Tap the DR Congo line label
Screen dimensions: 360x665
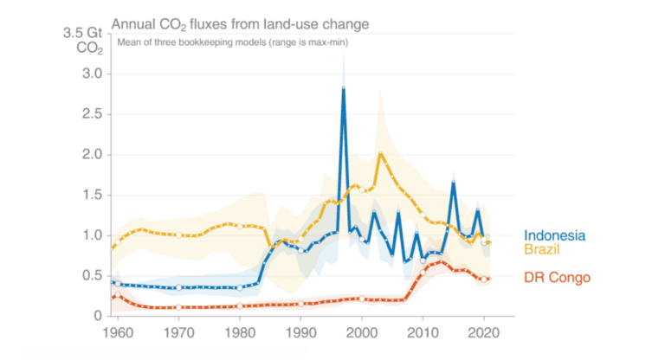[x=558, y=278]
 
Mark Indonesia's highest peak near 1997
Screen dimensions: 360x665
[x=344, y=88]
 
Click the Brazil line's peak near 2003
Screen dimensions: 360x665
[x=380, y=154]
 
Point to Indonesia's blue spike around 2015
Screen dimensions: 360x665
[x=453, y=183]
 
